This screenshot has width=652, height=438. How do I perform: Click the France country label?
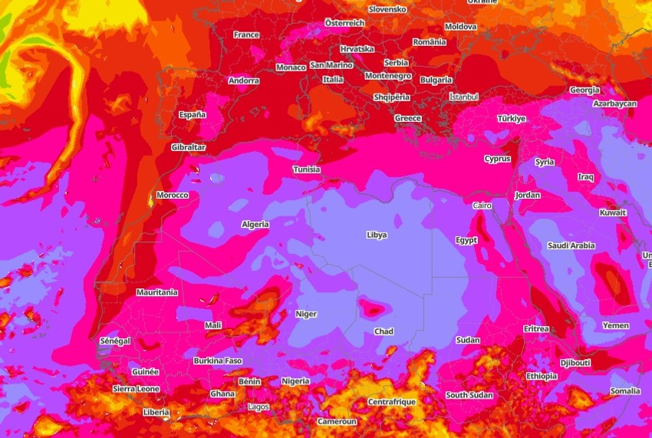[246, 35]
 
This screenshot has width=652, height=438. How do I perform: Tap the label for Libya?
[377, 235]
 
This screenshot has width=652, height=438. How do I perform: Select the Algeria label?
[255, 224]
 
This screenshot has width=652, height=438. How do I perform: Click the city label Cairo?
[482, 206]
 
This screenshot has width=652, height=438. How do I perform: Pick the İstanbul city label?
[463, 97]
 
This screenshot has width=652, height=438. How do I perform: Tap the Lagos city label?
[258, 407]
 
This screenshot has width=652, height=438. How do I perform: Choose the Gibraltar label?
[188, 147]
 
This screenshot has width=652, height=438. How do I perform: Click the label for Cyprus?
[497, 159]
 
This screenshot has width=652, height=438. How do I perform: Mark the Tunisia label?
[306, 170]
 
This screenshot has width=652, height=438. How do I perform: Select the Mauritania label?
[156, 292]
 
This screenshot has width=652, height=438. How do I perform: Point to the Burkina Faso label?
[218, 361]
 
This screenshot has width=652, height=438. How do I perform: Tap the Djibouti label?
[575, 362]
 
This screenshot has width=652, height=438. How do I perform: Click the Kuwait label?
[613, 212]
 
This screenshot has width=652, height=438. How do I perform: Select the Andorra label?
[243, 81]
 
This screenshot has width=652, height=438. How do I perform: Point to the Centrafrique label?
[391, 401]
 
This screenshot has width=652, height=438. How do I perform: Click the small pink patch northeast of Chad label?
[374, 309]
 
